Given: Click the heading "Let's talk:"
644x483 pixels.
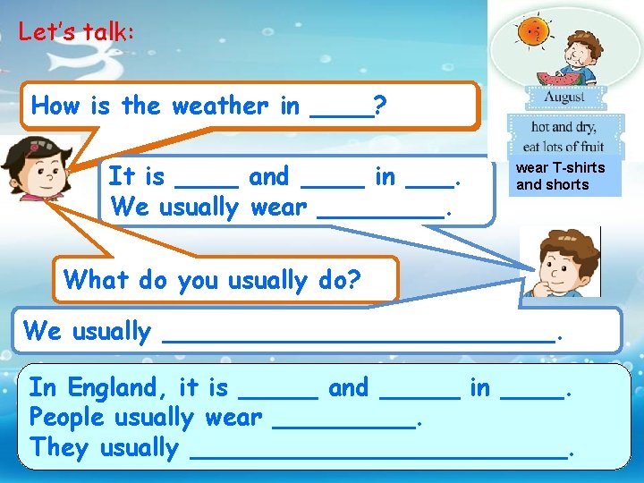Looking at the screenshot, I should (x=76, y=32).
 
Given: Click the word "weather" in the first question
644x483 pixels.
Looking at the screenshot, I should (x=218, y=106).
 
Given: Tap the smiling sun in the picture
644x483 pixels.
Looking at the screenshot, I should (x=533, y=33).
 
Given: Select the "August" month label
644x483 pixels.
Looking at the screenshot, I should (x=555, y=97).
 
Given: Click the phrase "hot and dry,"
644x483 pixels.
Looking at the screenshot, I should (x=555, y=128).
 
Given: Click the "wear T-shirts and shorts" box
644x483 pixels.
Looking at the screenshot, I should (x=561, y=176).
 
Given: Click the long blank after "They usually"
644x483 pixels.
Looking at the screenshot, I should (x=380, y=453).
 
